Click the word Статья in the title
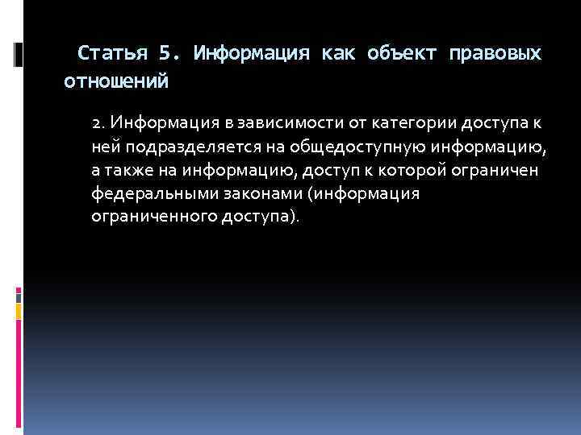click(114, 54)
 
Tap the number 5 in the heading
click(165, 54)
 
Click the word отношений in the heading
click(116, 81)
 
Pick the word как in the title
click(338, 54)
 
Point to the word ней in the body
click(105, 147)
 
